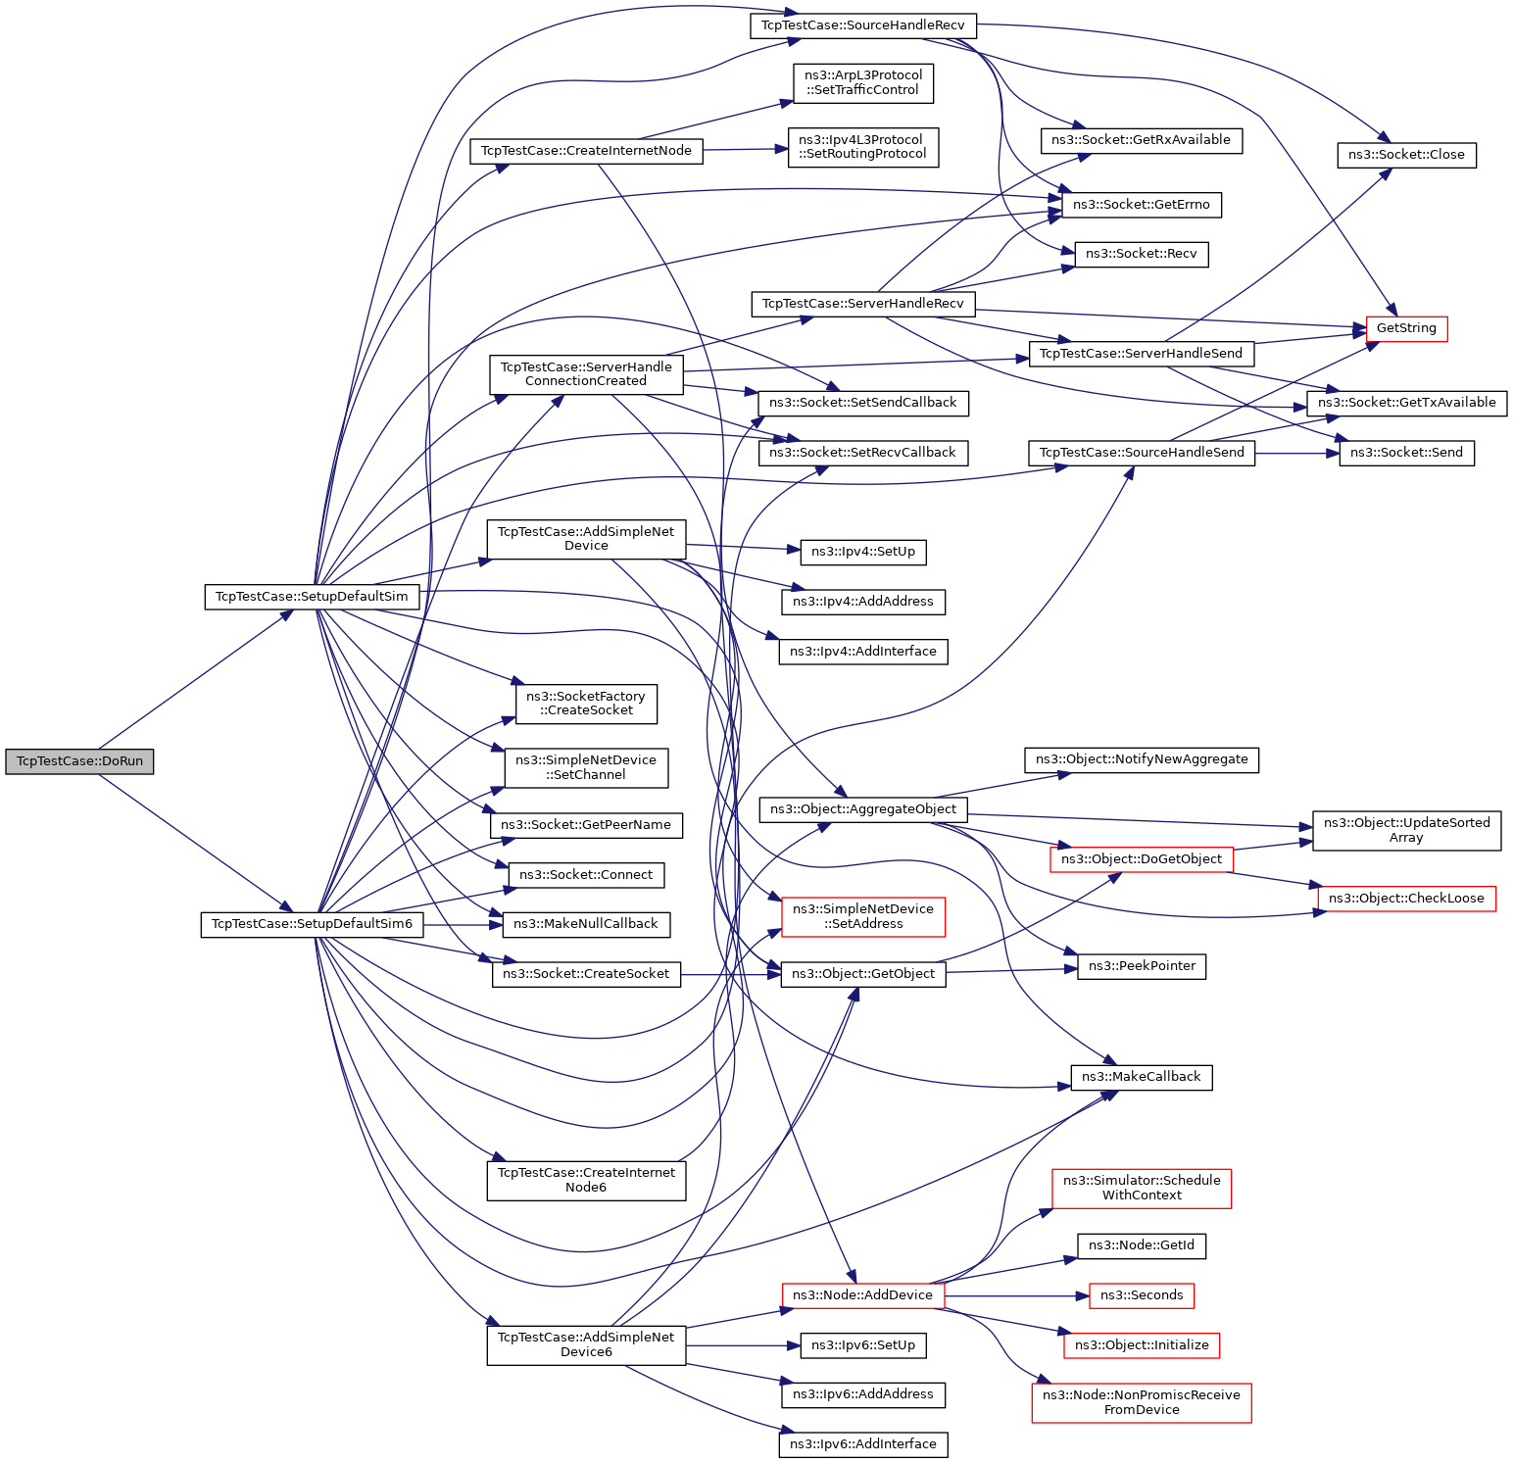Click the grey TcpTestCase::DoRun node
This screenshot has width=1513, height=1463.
[x=79, y=761]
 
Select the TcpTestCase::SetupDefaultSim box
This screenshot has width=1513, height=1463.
[x=312, y=597]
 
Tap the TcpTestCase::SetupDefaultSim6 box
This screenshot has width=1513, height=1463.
[x=312, y=924]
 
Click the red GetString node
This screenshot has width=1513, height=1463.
[x=1406, y=328]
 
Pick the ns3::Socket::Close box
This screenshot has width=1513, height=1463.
[x=1406, y=155]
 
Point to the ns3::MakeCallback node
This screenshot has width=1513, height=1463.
[x=1141, y=1077]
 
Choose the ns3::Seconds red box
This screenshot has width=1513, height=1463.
[x=1142, y=1295]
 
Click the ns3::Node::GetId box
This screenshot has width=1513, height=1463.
[x=1142, y=1245]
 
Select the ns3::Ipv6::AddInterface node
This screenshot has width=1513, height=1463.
[x=863, y=1444]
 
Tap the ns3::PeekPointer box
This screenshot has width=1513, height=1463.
[x=1142, y=966]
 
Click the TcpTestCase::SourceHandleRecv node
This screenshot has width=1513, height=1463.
[x=863, y=25]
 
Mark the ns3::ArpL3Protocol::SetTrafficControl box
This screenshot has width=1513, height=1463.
[x=863, y=82]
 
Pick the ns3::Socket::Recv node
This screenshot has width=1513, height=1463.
[x=1142, y=254]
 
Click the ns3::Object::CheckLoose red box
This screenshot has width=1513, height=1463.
[x=1406, y=899]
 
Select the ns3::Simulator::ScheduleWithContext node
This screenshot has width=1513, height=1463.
[x=1142, y=1188]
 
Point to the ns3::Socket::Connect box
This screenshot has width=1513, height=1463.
[x=586, y=875]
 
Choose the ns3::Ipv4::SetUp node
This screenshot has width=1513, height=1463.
[x=863, y=552]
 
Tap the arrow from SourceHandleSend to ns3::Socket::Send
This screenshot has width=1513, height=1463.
[x=1296, y=453]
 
